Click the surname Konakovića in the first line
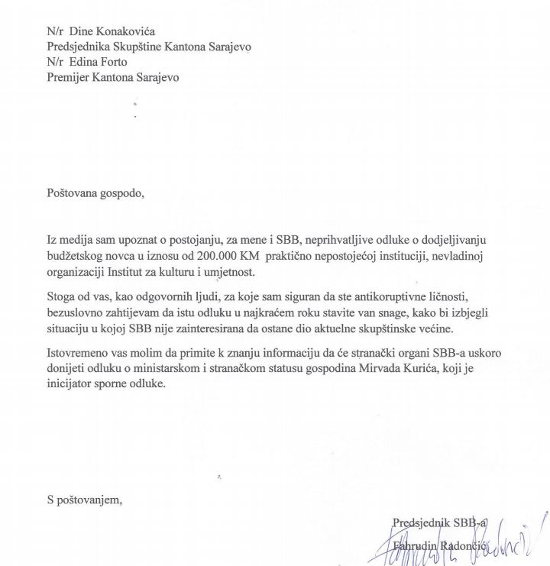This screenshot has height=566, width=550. [130, 33]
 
